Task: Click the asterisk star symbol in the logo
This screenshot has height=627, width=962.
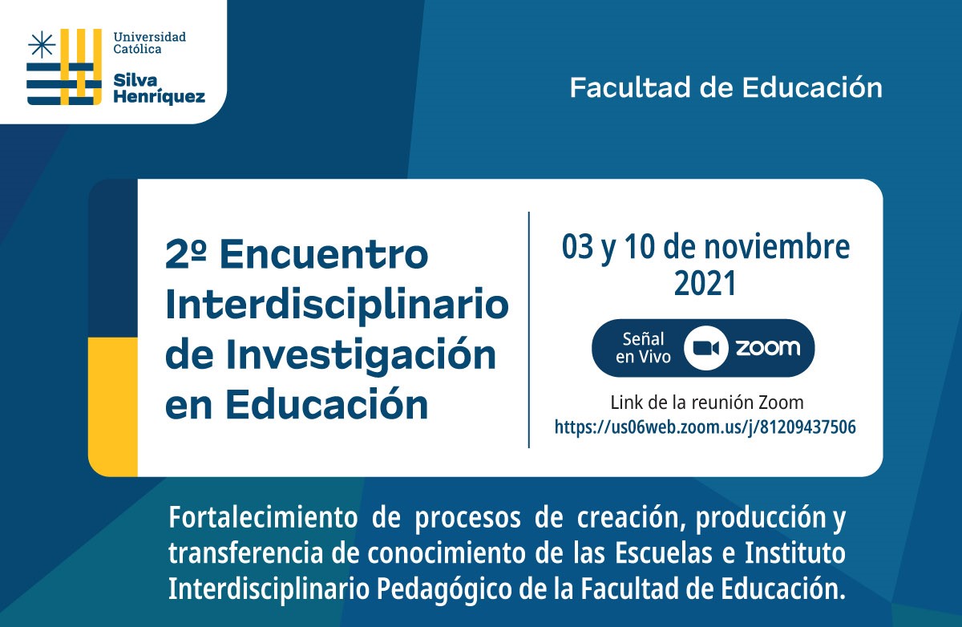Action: pyautogui.click(x=42, y=44)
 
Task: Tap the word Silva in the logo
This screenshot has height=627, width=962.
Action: pyautogui.click(x=135, y=80)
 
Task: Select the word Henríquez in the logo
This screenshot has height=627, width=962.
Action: pyautogui.click(x=160, y=97)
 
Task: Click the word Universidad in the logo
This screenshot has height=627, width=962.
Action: pyautogui.click(x=149, y=37)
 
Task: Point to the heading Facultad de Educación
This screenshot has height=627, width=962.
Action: pyautogui.click(x=726, y=87)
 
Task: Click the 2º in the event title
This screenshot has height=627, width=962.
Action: pyautogui.click(x=185, y=254)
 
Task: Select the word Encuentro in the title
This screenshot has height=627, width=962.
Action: pyautogui.click(x=324, y=254)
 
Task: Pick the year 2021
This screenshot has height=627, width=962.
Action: pyautogui.click(x=705, y=284)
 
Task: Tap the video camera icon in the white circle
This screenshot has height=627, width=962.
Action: pyautogui.click(x=706, y=348)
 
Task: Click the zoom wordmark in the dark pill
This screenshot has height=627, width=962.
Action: pyautogui.click(x=768, y=347)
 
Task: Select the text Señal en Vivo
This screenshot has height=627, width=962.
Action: pyautogui.click(x=643, y=348)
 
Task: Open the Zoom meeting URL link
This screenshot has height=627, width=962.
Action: pyautogui.click(x=705, y=427)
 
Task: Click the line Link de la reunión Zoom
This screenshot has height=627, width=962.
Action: pyautogui.click(x=707, y=402)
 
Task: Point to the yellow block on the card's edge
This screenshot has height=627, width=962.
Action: pyautogui.click(x=113, y=407)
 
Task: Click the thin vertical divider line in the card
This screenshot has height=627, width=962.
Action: pyautogui.click(x=528, y=330)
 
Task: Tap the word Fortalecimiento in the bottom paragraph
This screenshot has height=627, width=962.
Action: pyautogui.click(x=263, y=517)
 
